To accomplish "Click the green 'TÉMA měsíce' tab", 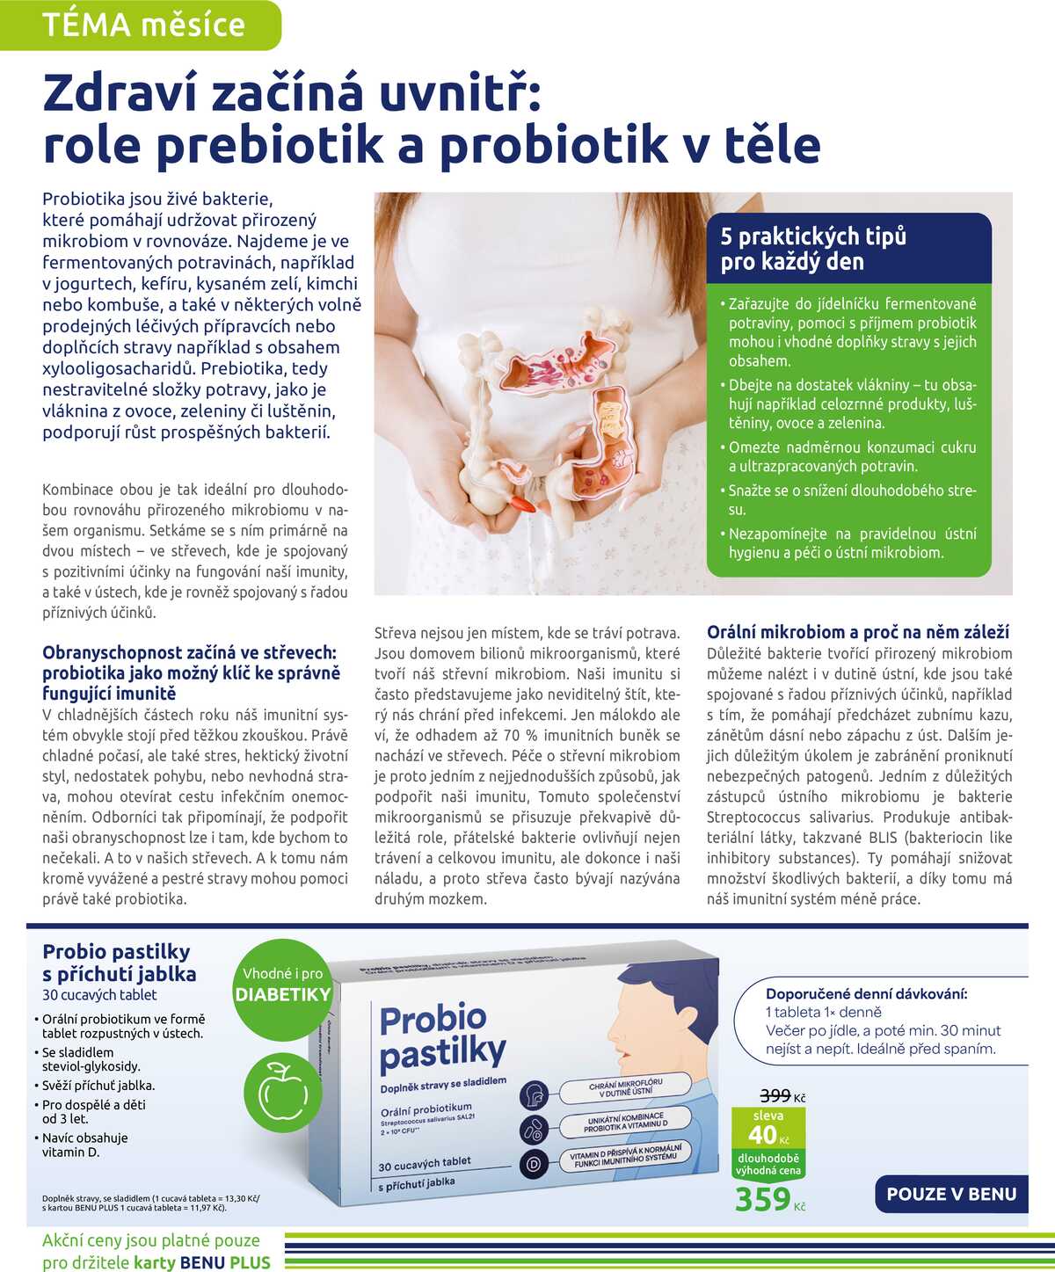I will click(142, 25).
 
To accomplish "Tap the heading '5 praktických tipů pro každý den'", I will click(813, 249).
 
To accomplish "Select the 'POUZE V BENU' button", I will click(951, 1194).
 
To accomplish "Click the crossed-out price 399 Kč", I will click(775, 1095).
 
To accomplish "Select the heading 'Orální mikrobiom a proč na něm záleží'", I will click(858, 632).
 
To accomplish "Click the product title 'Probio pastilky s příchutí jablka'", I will click(120, 963).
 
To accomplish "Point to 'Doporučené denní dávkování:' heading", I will click(866, 993).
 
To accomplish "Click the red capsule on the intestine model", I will click(521, 505).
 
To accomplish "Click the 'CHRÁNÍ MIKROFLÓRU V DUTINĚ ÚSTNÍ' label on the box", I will click(625, 1087).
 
